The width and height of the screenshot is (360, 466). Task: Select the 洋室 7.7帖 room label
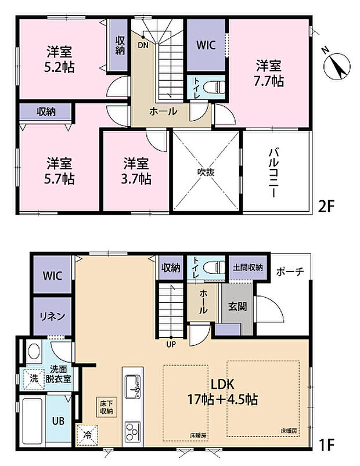(x=268, y=73)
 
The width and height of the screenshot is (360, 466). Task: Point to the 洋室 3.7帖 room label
(x=137, y=171)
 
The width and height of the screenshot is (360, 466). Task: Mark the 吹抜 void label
(x=206, y=172)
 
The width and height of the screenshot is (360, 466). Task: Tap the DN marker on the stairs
(x=142, y=45)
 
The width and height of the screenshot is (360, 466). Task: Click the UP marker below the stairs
(x=171, y=344)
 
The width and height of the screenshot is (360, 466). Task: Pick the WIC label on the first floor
(x=52, y=274)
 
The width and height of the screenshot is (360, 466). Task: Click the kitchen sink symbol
(x=132, y=385)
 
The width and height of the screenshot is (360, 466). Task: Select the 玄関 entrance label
(x=237, y=306)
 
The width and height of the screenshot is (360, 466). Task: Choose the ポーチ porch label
(x=290, y=272)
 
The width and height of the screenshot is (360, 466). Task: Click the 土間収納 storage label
(x=248, y=268)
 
